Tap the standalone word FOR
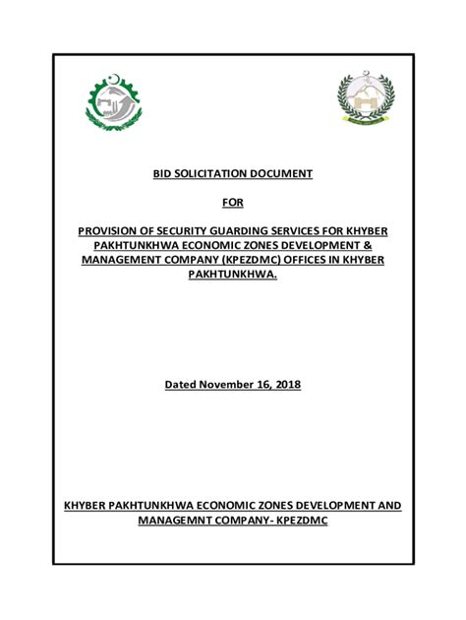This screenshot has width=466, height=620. (232, 203)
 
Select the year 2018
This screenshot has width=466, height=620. (285, 384)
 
